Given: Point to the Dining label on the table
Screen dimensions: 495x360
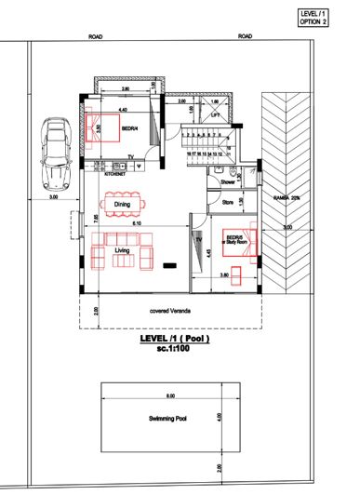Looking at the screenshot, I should pyautogui.click(x=122, y=204).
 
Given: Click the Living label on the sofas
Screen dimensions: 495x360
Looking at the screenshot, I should pyautogui.click(x=121, y=250).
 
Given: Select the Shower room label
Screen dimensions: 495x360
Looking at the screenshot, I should pyautogui.click(x=227, y=183).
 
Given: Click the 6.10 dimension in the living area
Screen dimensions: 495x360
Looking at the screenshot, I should pyautogui.click(x=136, y=224).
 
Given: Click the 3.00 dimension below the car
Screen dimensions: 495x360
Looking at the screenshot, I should pyautogui.click(x=53, y=198).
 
